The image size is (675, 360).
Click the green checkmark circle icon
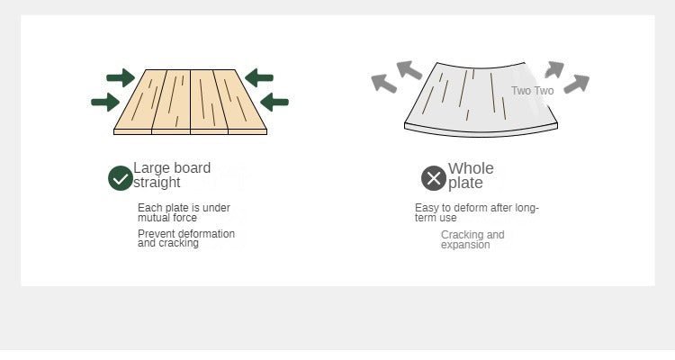[x=121, y=178]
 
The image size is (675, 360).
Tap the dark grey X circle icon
[x=434, y=178]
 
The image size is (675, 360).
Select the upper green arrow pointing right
[x=121, y=78]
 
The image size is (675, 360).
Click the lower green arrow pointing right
[x=105, y=103]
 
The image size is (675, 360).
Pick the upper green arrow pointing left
[x=259, y=78]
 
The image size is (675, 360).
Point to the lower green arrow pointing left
[x=274, y=102]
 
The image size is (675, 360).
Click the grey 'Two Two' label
[x=533, y=91]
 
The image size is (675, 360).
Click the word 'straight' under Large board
[x=157, y=183]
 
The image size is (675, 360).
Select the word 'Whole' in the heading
[x=471, y=168]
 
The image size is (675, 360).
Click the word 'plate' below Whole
[x=465, y=183]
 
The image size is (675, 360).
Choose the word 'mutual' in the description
[x=148, y=218]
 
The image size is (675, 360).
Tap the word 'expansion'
[x=465, y=245]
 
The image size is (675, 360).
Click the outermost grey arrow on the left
[x=383, y=84]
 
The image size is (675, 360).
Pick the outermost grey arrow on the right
[x=577, y=84]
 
